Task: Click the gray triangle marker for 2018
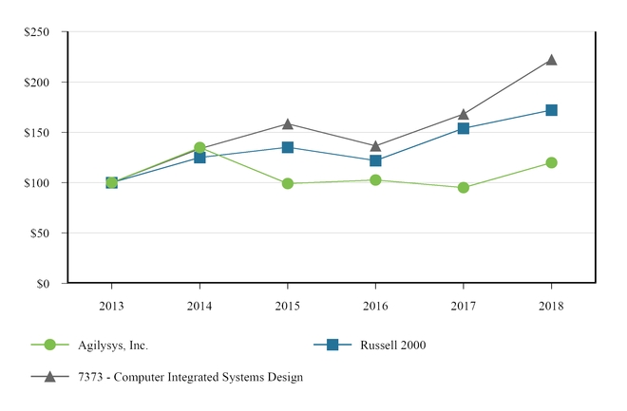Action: click(x=551, y=60)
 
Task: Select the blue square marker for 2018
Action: click(x=551, y=110)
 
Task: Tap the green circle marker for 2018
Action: click(x=551, y=162)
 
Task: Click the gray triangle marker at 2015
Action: click(x=287, y=123)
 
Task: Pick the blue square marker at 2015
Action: click(x=287, y=147)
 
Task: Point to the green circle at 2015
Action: click(x=287, y=183)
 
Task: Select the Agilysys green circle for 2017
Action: click(x=463, y=187)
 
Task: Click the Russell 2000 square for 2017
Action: click(x=463, y=128)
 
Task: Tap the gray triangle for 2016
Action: click(x=375, y=146)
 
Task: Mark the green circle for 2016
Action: click(x=375, y=179)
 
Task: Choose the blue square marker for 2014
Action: click(x=199, y=157)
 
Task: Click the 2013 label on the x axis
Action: click(x=111, y=307)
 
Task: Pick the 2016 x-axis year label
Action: click(x=375, y=307)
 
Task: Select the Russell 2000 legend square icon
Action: click(x=332, y=345)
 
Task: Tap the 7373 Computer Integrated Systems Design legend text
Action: click(x=190, y=377)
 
